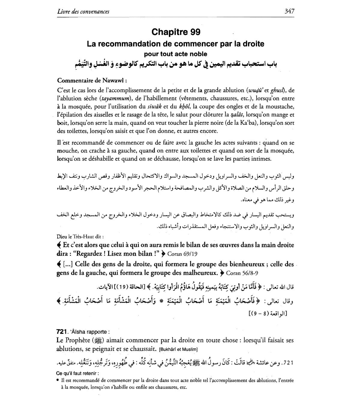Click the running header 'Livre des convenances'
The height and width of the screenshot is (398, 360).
pyautogui.click(x=83, y=12)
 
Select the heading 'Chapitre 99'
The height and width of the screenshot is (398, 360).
pyautogui.click(x=176, y=32)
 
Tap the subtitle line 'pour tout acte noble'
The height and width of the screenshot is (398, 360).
pyautogui.click(x=175, y=54)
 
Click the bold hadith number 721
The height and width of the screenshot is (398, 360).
pyautogui.click(x=61, y=332)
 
